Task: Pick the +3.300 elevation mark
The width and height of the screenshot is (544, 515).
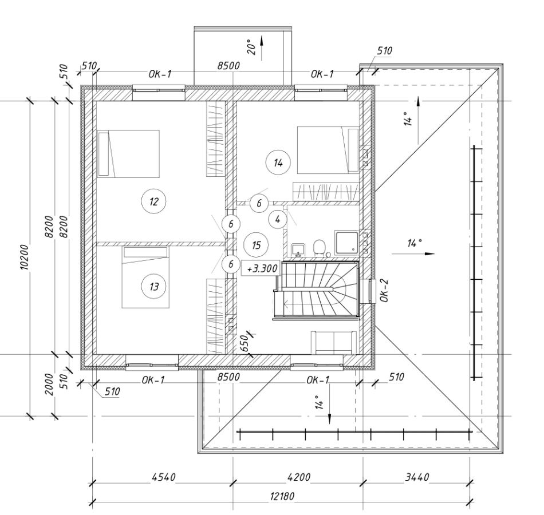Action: pyautogui.click(x=261, y=268)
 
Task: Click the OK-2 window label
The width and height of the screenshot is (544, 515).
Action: pyautogui.click(x=385, y=291)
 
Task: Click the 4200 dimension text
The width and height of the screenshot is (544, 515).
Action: pyautogui.click(x=299, y=477)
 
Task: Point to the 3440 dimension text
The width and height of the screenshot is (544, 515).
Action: pyautogui.click(x=417, y=477)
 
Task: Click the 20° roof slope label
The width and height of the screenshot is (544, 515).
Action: pyautogui.click(x=251, y=46)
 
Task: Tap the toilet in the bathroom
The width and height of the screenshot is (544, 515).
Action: pyautogui.click(x=319, y=248)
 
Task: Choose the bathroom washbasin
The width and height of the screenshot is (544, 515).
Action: pyautogui.click(x=298, y=249)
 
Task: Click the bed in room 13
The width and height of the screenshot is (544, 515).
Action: pyautogui.click(x=145, y=277)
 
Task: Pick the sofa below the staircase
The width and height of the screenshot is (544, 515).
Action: pyautogui.click(x=333, y=343)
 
